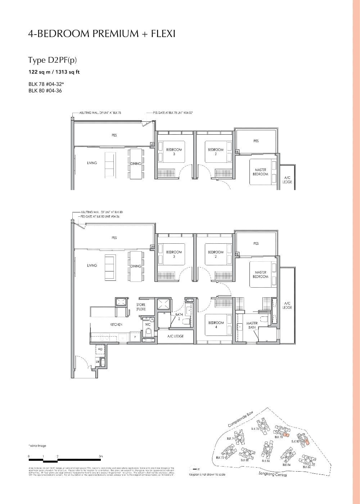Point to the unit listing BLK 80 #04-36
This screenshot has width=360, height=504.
click(x=45, y=91)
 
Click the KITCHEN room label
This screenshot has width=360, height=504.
click(x=116, y=325)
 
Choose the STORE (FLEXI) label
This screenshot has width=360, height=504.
click(x=141, y=307)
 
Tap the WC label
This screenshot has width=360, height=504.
click(x=148, y=324)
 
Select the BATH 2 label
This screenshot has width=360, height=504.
click(x=179, y=316)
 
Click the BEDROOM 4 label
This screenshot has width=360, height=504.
click(x=216, y=325)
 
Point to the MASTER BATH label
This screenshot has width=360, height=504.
click(x=252, y=325)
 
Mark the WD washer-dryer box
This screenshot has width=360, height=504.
click(x=100, y=349)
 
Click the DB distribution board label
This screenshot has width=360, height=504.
click(x=97, y=361)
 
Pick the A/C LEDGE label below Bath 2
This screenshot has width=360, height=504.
click(x=176, y=336)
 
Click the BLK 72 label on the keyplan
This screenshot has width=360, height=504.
click(x=220, y=458)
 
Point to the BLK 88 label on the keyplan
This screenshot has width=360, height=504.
click(x=244, y=460)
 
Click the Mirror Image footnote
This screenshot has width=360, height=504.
click(x=37, y=446)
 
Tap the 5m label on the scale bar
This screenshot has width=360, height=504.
click(x=101, y=456)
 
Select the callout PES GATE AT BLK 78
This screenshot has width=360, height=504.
click(x=173, y=113)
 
